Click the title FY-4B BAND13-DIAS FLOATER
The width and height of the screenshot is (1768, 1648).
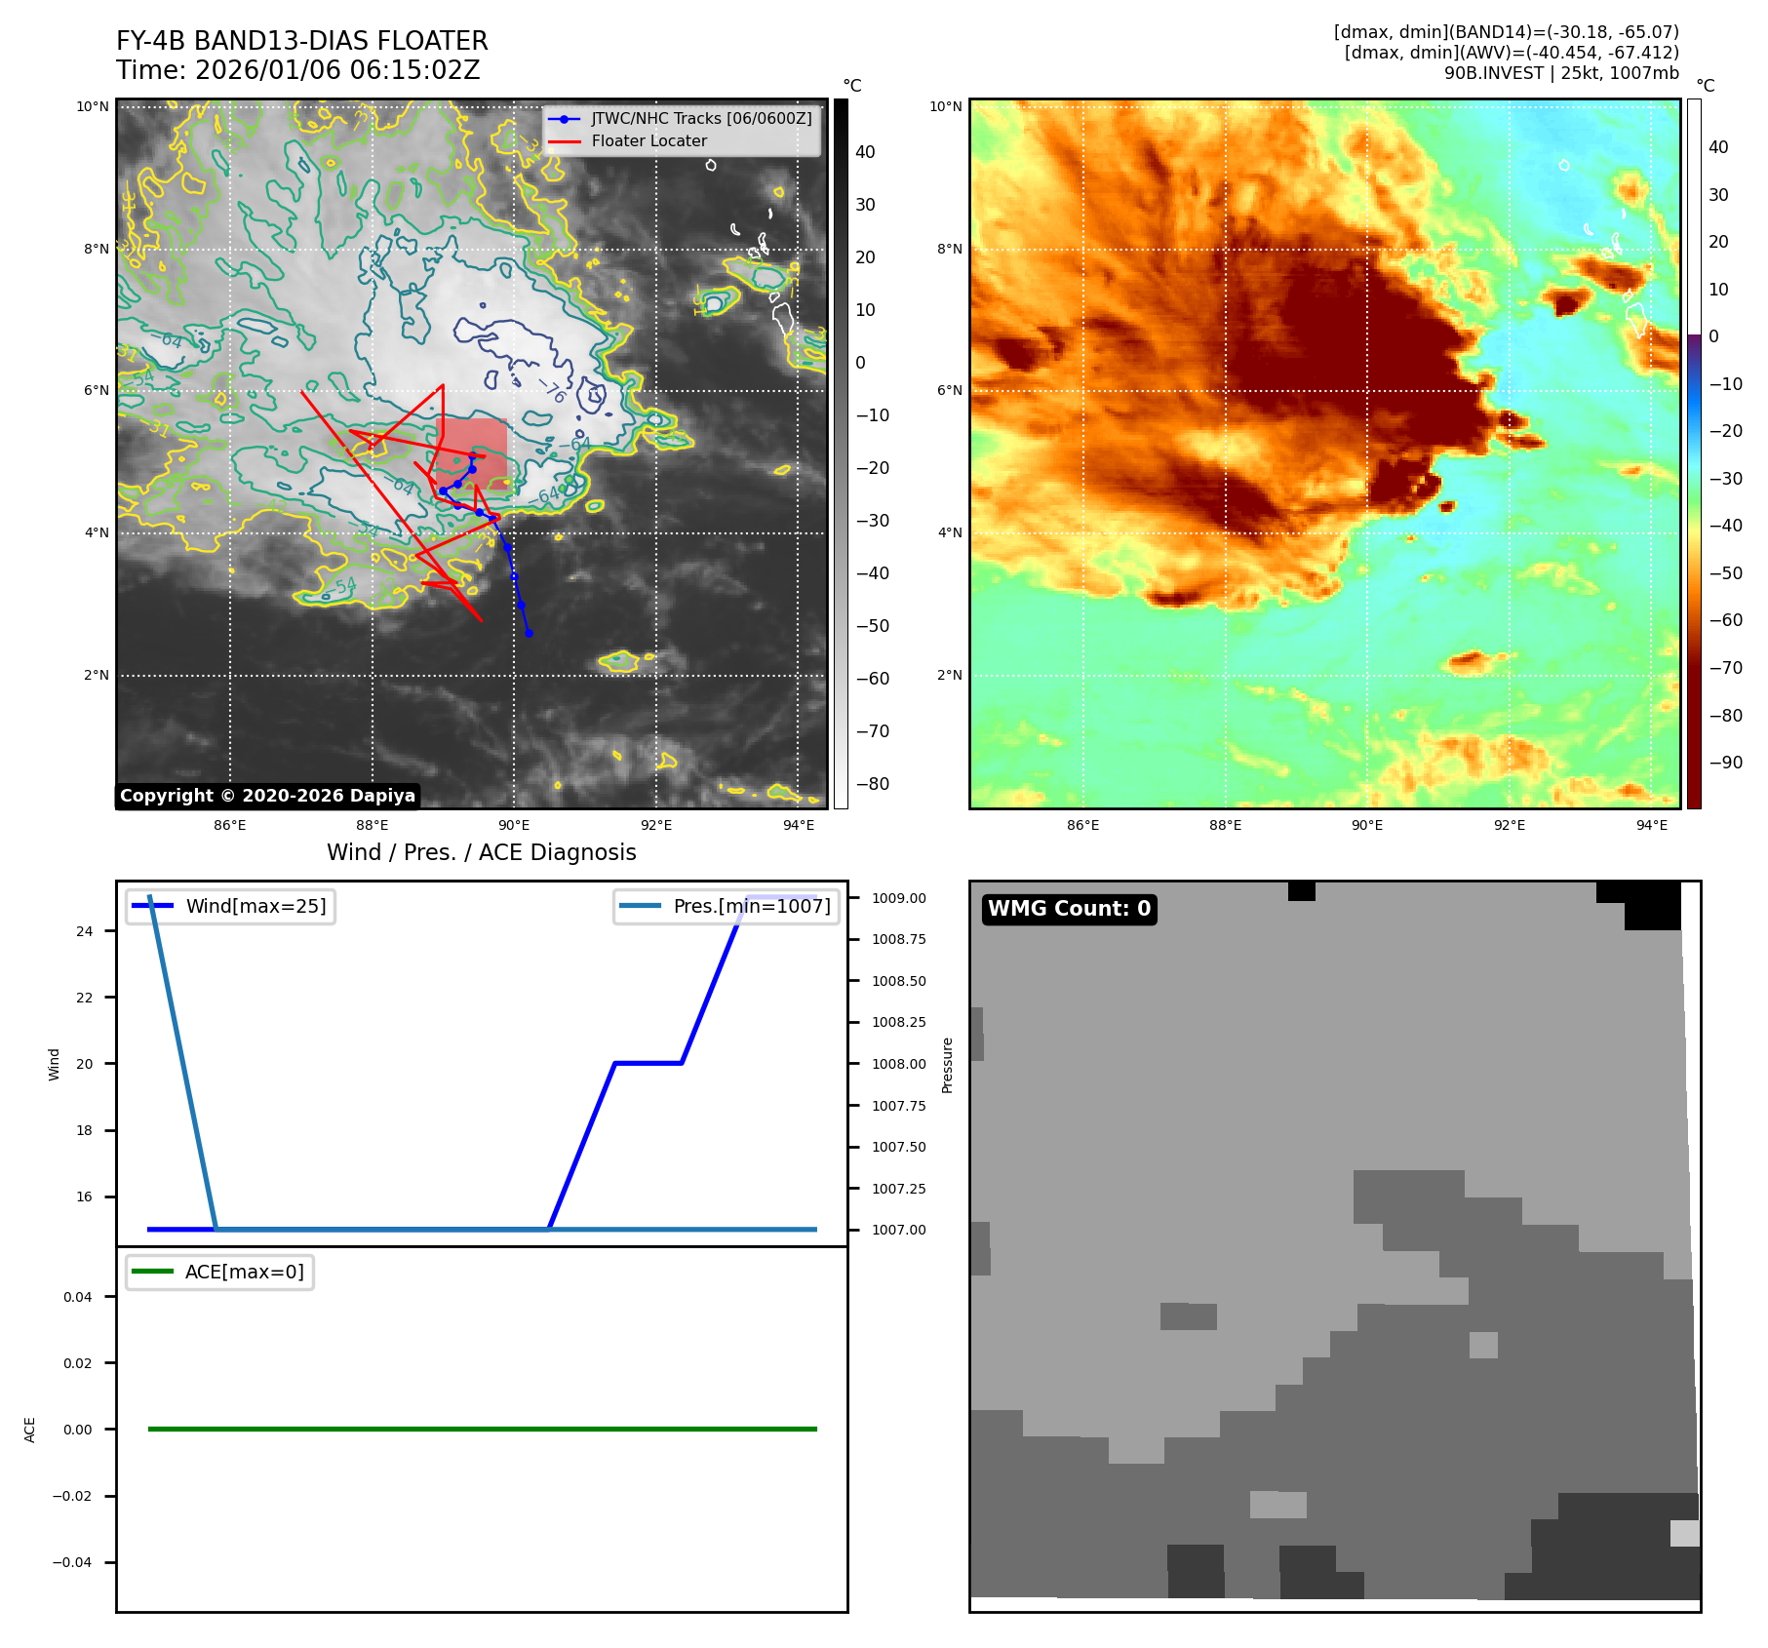[x=301, y=41]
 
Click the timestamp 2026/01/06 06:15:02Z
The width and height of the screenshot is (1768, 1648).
[x=336, y=70]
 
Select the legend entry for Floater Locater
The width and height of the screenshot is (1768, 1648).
[x=648, y=141]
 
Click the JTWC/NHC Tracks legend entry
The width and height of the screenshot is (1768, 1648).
[x=700, y=118]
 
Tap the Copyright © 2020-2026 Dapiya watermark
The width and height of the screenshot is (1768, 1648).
[x=267, y=796]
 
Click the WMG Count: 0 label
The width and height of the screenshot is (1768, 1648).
[x=1069, y=909]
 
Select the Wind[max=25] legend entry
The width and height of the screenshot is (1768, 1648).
[x=255, y=906]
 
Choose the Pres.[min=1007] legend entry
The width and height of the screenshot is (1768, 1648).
[x=751, y=906]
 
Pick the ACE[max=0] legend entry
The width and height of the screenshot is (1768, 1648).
[x=244, y=1272]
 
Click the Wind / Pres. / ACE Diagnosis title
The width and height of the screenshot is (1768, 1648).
[x=481, y=852]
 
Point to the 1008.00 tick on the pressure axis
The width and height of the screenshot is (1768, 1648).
[x=898, y=1064]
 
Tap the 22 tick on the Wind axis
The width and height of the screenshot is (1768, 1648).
[x=85, y=998]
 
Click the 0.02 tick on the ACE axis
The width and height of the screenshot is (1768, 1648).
[x=78, y=1363]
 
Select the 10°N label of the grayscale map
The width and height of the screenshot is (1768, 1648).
[x=93, y=107]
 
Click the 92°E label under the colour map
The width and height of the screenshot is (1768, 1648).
[x=1509, y=825]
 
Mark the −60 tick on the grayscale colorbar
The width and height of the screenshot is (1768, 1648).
[x=872, y=679]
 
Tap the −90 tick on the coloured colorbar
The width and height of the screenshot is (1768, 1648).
[x=1725, y=763]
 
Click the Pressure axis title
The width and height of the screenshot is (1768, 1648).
[x=947, y=1065]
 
